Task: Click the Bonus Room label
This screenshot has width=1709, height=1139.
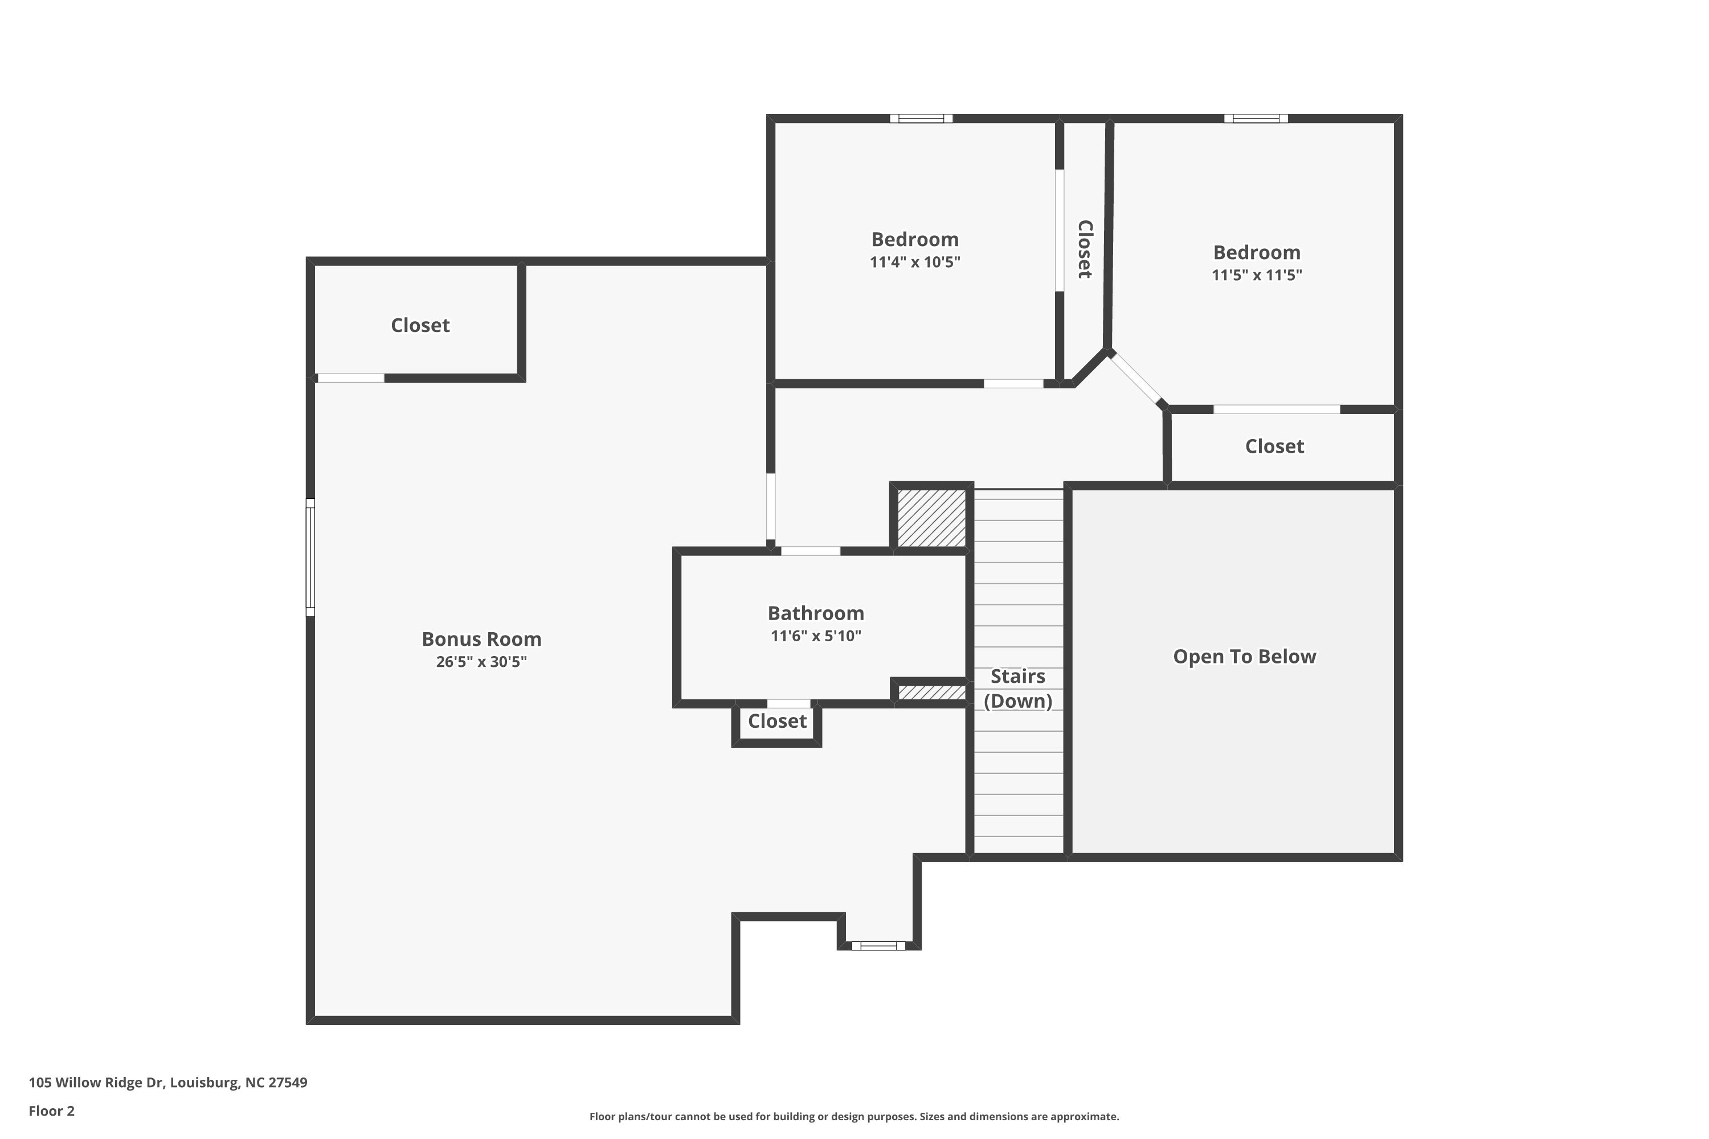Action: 482,639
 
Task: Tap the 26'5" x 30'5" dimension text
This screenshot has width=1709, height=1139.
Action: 482,662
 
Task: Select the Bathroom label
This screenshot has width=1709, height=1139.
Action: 816,613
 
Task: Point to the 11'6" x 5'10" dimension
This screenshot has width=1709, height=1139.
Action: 816,636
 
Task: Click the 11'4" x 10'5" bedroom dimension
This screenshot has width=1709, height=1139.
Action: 915,262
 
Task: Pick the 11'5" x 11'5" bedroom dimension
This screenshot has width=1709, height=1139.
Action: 1256,275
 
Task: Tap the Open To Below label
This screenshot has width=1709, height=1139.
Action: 1245,657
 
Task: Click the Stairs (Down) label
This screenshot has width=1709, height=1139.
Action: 1018,689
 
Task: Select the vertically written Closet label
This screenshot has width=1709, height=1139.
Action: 1084,249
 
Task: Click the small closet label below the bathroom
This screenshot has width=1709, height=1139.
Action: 778,722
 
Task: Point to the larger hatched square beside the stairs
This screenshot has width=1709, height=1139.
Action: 931,518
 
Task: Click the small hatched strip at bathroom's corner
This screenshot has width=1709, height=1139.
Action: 931,693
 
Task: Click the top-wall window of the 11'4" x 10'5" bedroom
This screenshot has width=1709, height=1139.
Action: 921,118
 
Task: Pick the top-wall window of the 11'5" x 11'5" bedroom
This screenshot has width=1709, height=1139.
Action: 1256,118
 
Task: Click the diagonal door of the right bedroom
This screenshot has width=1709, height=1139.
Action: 1136,379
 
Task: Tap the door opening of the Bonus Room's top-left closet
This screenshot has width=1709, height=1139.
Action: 351,378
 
